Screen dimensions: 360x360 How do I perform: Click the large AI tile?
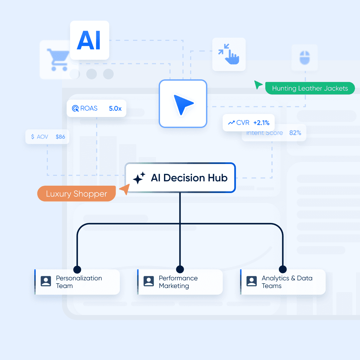coord(89,40)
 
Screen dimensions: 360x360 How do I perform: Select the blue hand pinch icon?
coord(229,54)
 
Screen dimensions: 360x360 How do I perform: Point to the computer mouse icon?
coord(304,57)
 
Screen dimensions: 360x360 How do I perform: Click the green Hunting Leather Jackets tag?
coord(310,88)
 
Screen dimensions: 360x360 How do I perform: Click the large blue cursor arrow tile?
coord(183,104)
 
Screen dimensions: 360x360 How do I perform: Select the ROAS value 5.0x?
coord(115,108)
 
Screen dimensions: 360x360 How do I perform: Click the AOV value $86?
coord(60,137)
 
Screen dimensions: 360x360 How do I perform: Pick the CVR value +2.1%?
coord(261,123)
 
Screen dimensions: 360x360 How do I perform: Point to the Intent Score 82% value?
coord(295,133)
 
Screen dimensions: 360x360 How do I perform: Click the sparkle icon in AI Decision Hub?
coord(139,178)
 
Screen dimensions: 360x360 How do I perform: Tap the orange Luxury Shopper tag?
coord(76,194)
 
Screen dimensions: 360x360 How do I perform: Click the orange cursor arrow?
coord(124,190)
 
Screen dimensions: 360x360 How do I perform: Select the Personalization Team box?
coord(77,282)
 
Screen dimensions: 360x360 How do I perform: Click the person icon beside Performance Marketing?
coord(149,281)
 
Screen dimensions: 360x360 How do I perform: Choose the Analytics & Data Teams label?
coord(287,282)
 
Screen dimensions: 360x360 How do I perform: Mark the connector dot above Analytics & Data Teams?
coord(283,269)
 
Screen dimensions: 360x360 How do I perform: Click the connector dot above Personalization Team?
coord(77,269)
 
